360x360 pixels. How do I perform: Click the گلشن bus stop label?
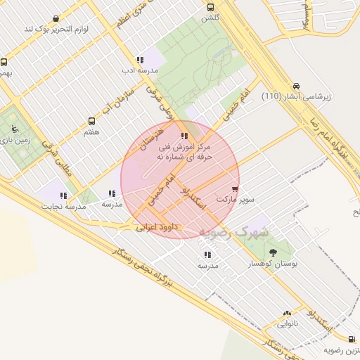[211, 17]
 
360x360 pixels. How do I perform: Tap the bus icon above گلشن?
[210, 7]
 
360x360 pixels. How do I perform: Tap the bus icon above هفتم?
[91, 122]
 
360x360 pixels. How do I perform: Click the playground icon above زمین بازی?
[13, 129]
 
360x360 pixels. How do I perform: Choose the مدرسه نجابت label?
[65, 206]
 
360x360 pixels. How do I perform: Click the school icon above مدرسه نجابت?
[64, 195]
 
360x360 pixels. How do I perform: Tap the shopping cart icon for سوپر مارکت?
[234, 189]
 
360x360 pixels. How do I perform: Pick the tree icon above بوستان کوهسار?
[273, 252]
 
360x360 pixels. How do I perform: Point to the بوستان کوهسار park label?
[274, 263]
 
